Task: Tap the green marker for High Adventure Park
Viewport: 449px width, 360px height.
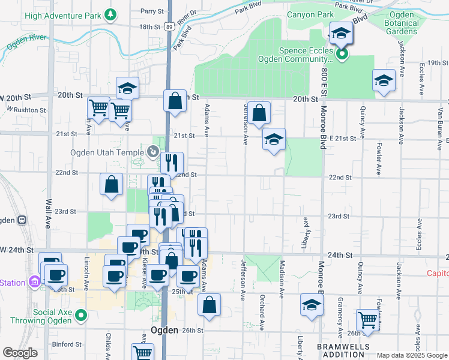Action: tap(109, 14)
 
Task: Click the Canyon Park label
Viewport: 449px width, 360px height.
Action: tap(309, 14)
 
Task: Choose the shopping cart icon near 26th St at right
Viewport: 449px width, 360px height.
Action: tap(367, 319)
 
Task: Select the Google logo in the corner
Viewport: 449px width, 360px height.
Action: tap(20, 353)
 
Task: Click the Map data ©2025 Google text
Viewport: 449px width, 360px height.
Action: tap(411, 355)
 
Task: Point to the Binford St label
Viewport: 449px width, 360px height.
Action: tap(67, 344)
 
